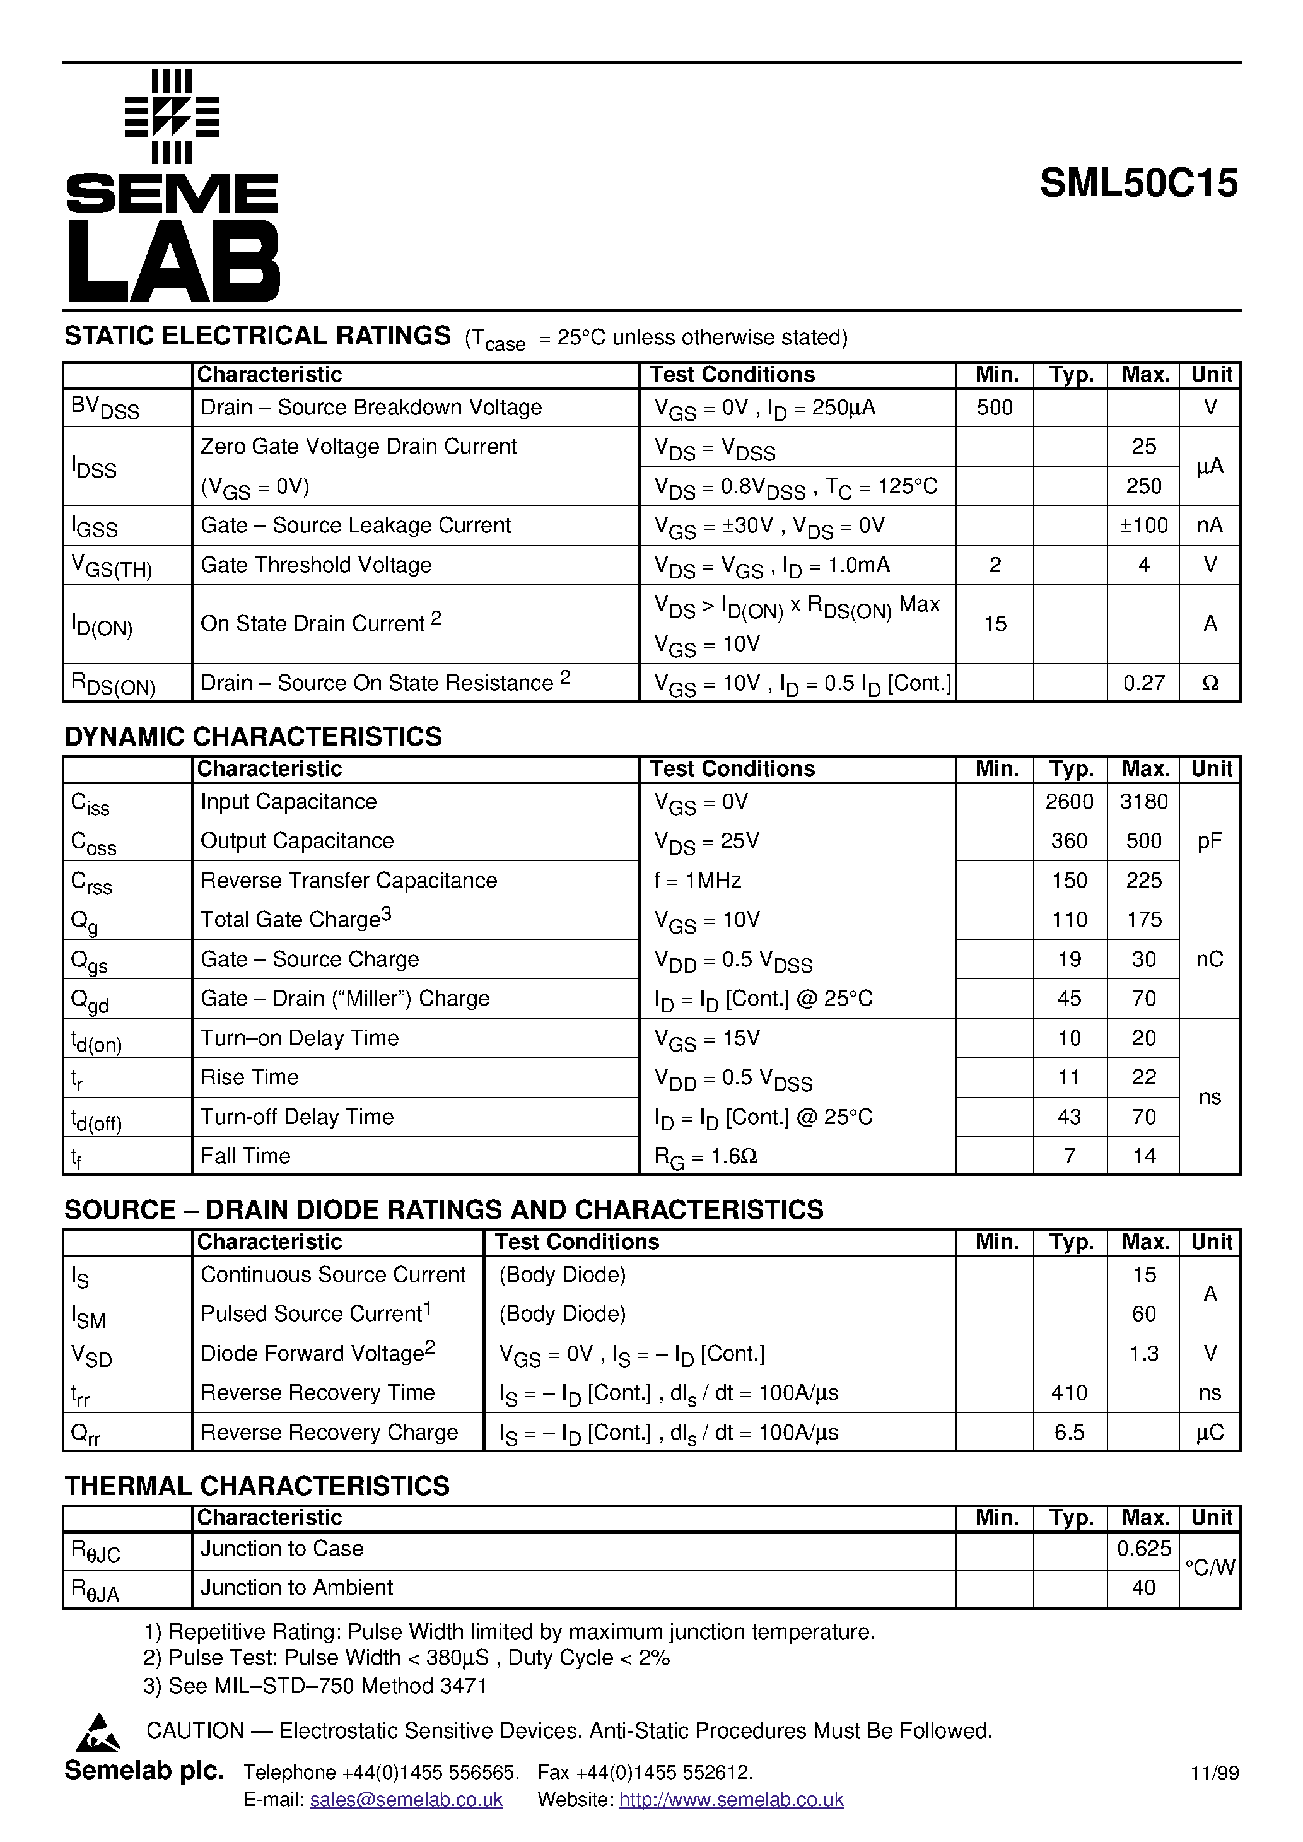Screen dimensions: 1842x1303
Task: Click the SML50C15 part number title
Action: tap(1138, 184)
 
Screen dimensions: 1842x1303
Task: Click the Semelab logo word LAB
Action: tap(173, 262)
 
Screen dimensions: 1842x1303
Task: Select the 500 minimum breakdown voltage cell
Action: tap(994, 408)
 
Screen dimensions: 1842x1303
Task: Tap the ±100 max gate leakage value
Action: tap(1143, 525)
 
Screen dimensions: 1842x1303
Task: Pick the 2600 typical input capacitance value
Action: tap(1069, 802)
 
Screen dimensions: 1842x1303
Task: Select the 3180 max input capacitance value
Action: tap(1143, 802)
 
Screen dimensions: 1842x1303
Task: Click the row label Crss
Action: tap(91, 882)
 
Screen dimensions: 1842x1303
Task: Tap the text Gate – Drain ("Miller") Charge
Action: tap(345, 998)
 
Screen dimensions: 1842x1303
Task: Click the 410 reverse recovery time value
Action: tap(1069, 1393)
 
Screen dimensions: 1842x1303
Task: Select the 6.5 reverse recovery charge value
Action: tap(1069, 1432)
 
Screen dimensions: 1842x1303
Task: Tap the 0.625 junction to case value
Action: tap(1143, 1549)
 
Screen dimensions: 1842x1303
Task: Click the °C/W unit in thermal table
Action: tap(1210, 1568)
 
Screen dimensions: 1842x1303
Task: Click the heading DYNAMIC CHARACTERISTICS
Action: tap(253, 736)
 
